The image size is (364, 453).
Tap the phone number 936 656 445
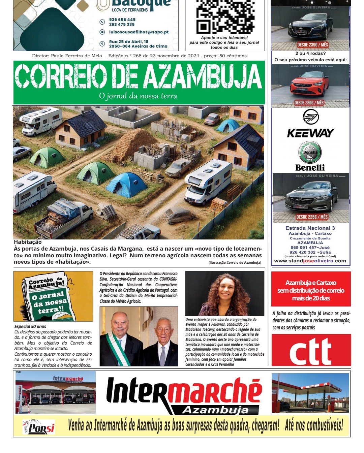122,20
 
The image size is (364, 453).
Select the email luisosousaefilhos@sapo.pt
139,32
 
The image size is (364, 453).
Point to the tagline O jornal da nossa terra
138,96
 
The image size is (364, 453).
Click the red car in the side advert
309,84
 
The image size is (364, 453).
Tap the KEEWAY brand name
310,133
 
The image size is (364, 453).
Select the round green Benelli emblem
310,152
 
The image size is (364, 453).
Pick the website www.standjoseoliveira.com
310,261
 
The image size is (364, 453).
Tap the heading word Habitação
28,242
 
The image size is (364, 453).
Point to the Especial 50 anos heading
30,326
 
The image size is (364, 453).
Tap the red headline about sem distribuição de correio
311,290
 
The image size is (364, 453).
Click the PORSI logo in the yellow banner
39,427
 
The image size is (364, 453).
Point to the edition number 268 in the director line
137,56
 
